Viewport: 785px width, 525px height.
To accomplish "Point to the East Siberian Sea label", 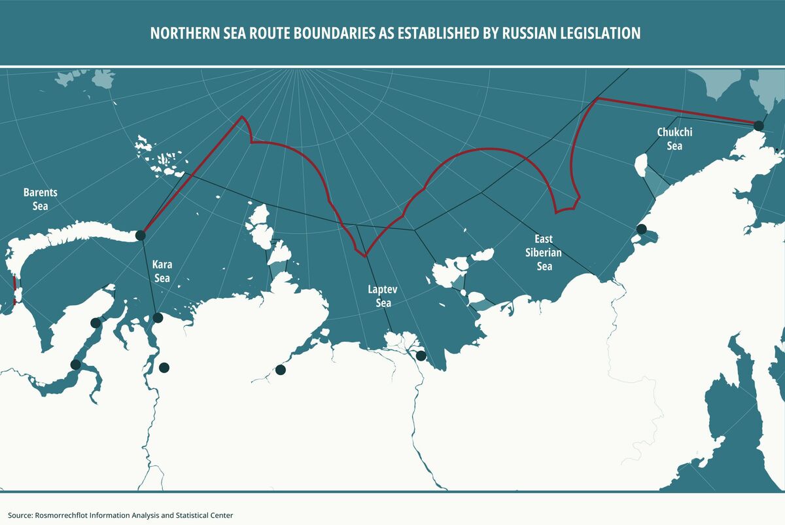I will [x=544, y=253].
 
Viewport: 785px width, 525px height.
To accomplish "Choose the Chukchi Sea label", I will [x=674, y=139].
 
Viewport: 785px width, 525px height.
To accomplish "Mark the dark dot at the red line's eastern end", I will [x=758, y=126].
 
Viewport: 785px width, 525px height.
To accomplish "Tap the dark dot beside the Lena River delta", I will [x=421, y=356].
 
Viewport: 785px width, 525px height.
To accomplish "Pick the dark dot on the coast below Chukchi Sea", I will [x=642, y=229].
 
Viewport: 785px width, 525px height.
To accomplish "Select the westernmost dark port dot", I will [x=75, y=365].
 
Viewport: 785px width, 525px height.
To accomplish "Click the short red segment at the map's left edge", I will [x=14, y=291].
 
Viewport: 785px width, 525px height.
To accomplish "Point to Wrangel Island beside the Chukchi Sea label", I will [x=642, y=165].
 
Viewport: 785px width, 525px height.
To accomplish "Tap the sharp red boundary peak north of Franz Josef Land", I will [x=243, y=118].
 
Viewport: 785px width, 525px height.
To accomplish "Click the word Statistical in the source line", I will [x=185, y=515].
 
